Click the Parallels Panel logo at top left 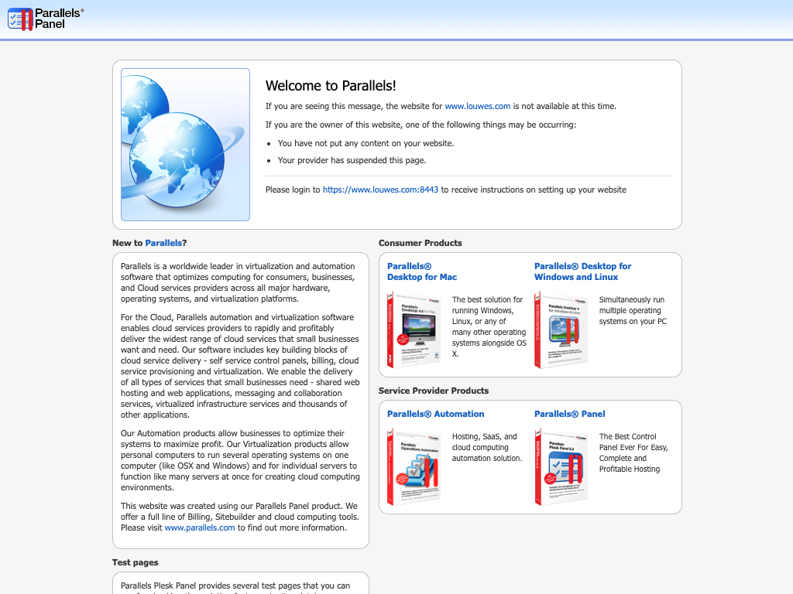tap(45, 19)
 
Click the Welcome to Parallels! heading tap(331, 86)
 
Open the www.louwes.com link tap(477, 107)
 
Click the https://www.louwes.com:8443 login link tap(380, 189)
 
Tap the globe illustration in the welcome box tap(185, 145)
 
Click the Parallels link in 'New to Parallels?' tap(163, 243)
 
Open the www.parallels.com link tap(200, 527)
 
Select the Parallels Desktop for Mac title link tap(422, 271)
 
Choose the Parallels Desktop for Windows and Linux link tap(582, 271)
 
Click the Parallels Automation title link tap(435, 414)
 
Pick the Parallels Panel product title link tap(569, 414)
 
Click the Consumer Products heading tap(420, 243)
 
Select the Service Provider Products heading tap(433, 391)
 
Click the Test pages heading tap(135, 562)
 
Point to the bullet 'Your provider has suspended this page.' tap(352, 161)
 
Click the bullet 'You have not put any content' tap(366, 143)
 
